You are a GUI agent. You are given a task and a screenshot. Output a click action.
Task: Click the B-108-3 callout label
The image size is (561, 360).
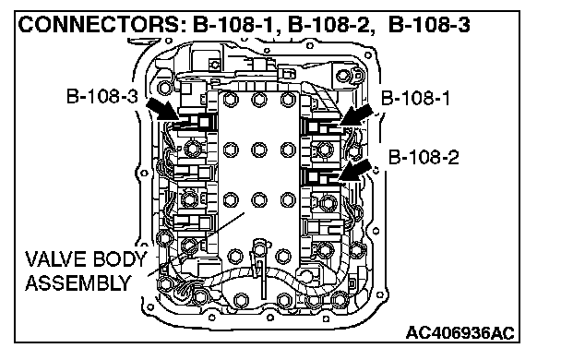coord(102,96)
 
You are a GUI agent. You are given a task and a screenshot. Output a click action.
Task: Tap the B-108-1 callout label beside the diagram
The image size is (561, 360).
coord(415,98)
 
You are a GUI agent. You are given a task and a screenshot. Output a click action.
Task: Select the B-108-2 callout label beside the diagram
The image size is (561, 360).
coord(424,157)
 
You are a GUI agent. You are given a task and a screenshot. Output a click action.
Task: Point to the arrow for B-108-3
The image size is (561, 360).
coord(162,109)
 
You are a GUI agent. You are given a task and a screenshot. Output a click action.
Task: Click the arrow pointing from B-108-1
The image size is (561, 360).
coord(356,114)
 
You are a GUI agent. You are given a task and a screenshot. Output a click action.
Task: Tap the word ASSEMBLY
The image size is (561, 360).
coord(78,283)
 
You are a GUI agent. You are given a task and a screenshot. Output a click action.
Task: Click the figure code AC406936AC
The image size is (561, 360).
coord(460,333)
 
